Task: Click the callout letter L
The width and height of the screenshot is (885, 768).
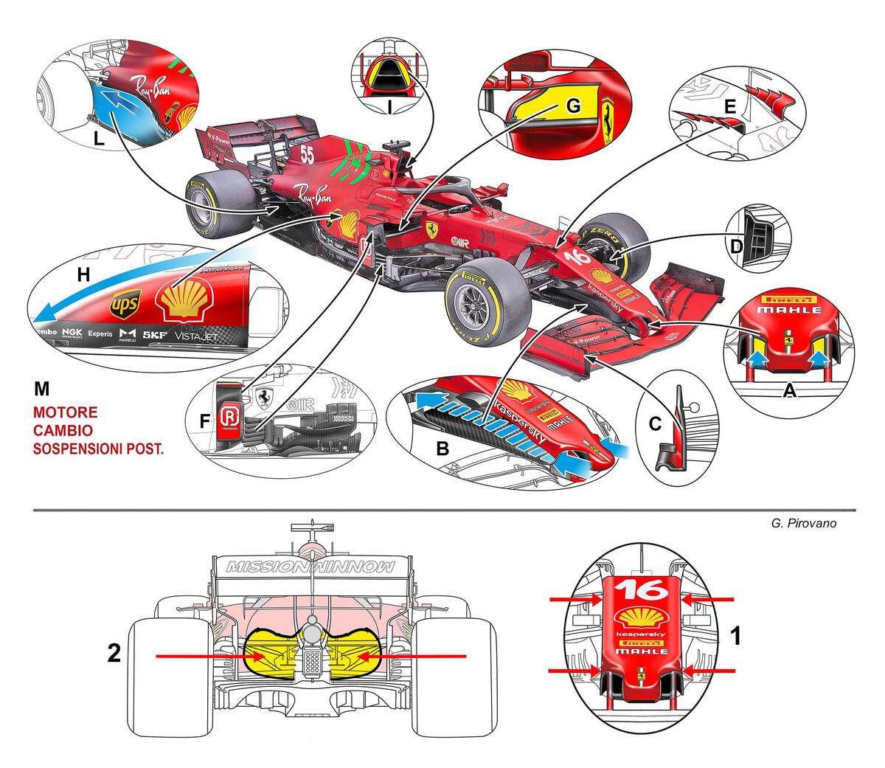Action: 99,138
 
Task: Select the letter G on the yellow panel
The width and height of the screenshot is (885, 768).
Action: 574,105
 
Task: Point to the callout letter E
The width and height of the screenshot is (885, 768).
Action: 729,107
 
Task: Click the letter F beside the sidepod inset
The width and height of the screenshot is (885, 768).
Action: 204,421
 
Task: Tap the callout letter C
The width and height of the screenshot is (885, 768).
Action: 653,424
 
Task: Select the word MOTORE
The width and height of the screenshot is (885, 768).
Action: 65,412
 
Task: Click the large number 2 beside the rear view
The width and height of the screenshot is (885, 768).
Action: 114,654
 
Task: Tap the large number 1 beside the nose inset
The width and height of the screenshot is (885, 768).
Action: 735,636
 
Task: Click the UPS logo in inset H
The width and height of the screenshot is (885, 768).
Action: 124,302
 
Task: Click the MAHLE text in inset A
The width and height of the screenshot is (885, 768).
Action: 791,310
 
